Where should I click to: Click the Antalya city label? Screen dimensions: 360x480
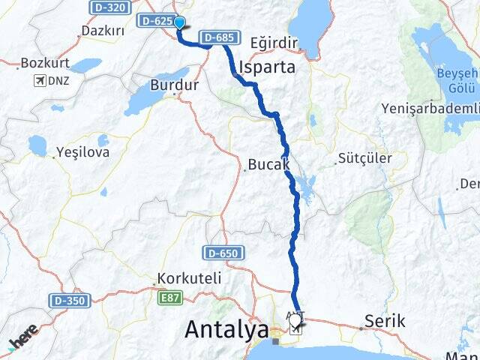pos(226,328)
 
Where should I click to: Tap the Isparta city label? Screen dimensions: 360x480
pos(266,67)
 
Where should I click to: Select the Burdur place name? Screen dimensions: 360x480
pos(175,85)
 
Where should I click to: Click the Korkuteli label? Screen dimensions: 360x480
pos(189,278)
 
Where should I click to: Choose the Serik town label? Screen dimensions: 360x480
pos(385,321)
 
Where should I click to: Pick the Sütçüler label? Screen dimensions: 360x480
pos(365,159)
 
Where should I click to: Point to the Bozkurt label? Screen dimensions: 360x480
pos(46,63)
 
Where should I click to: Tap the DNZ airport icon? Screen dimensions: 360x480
pos(40,80)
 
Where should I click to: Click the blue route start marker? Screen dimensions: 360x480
pos(180,22)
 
